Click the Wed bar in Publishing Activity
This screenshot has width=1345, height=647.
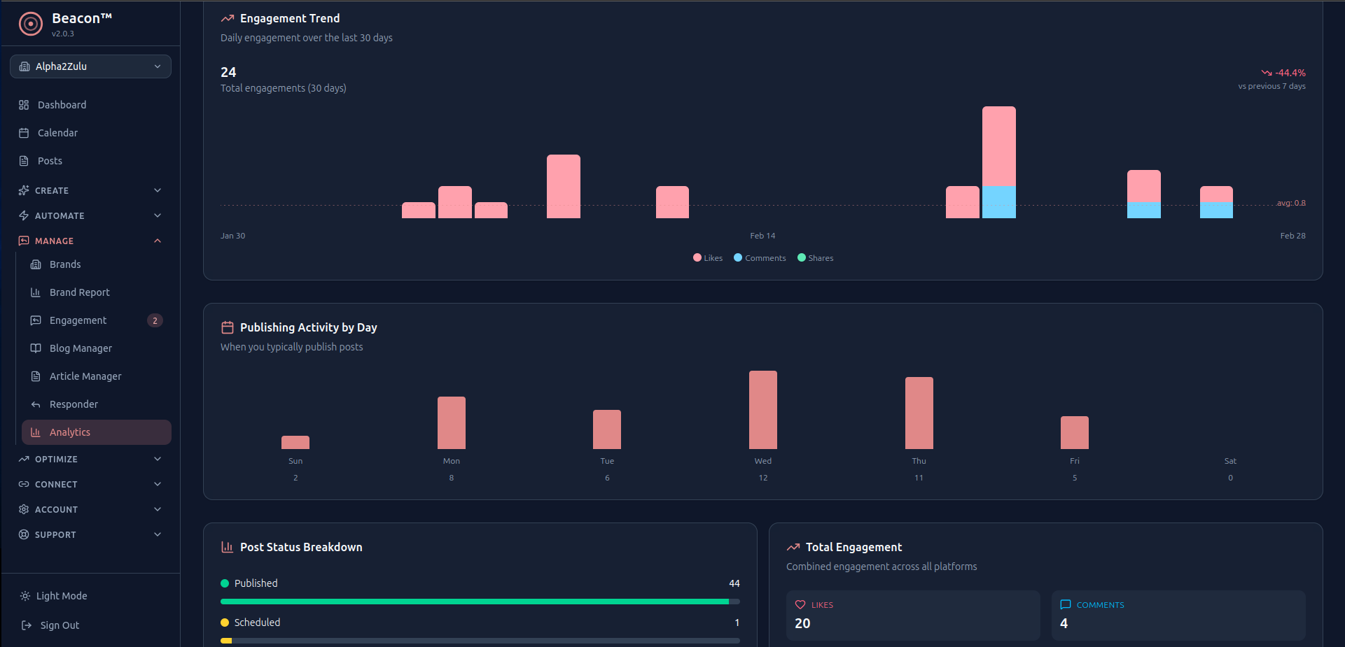pyautogui.click(x=762, y=410)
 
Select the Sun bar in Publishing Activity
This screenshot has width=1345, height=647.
pyautogui.click(x=295, y=442)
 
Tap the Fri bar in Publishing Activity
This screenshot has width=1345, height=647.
pyautogui.click(x=1074, y=432)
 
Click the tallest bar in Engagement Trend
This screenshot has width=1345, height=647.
pyautogui.click(x=998, y=162)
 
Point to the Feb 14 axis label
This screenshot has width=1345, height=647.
pyautogui.click(x=762, y=236)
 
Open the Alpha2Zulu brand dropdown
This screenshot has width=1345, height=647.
pyautogui.click(x=90, y=66)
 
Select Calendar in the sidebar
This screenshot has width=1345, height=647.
pyautogui.click(x=57, y=133)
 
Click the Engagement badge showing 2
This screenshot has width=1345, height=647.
pyautogui.click(x=155, y=320)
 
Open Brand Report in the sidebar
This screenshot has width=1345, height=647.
pyautogui.click(x=79, y=292)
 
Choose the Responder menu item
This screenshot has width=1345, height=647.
pyautogui.click(x=74, y=404)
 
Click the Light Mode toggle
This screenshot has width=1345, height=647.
pyautogui.click(x=62, y=596)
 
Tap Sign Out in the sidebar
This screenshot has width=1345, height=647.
pyautogui.click(x=60, y=625)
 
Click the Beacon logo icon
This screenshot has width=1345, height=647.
pyautogui.click(x=30, y=24)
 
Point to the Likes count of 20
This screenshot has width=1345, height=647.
pyautogui.click(x=802, y=623)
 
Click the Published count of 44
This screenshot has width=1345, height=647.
pyautogui.click(x=734, y=583)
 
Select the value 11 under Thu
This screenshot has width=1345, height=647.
pyautogui.click(x=919, y=478)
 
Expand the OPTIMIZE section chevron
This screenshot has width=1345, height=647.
pyautogui.click(x=158, y=459)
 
